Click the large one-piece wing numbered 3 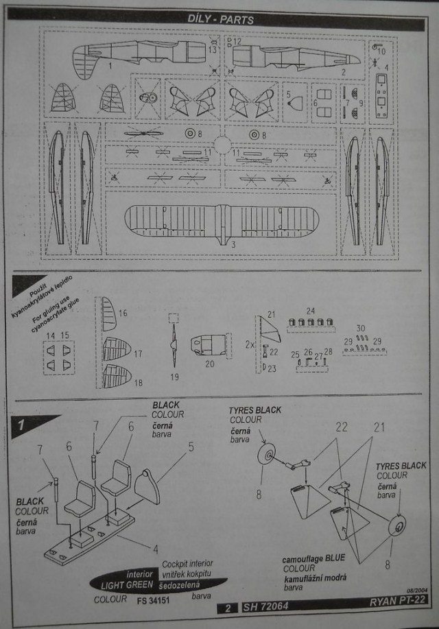pos(220,223)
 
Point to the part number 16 pos(123,313)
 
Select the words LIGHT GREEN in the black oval pos(127,586)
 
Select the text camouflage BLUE pos(314,560)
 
